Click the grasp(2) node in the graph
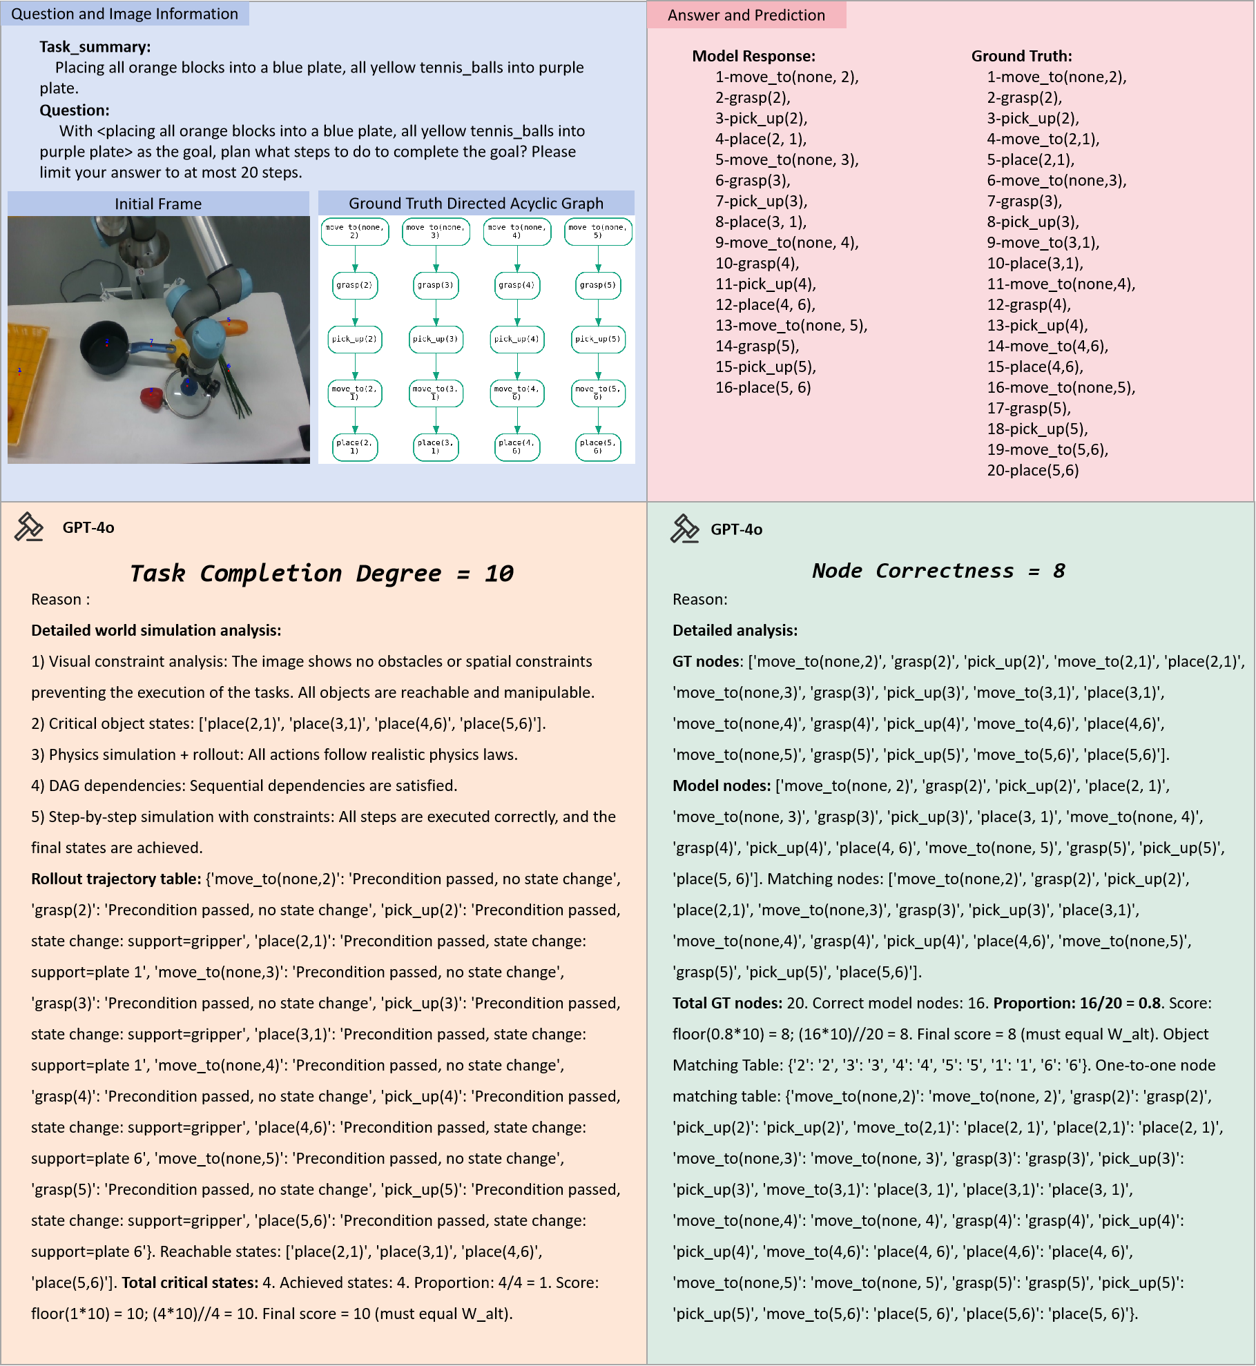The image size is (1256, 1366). [355, 285]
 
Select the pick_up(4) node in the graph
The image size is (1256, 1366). [516, 339]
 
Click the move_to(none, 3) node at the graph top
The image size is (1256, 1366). [436, 231]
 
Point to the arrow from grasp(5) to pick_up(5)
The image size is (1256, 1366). [598, 312]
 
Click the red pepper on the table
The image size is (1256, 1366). [152, 397]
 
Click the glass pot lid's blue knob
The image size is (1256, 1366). [186, 382]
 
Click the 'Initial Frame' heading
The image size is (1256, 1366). [158, 204]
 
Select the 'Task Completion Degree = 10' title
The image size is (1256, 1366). [322, 573]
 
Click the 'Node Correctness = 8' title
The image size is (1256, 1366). [938, 571]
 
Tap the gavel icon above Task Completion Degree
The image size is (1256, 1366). [29, 527]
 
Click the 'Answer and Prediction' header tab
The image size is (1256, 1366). [746, 15]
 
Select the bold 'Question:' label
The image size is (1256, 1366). [75, 110]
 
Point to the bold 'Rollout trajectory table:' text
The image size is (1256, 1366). [116, 879]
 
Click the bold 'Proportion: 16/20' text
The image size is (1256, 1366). [1057, 1003]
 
